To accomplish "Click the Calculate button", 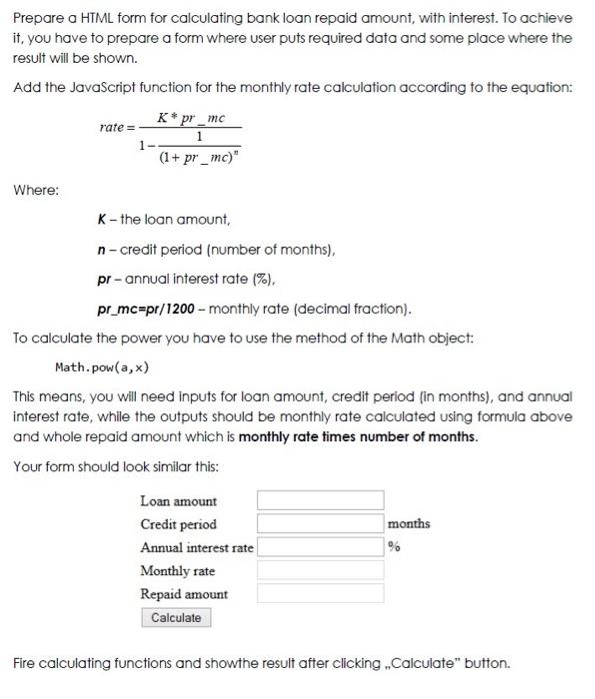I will click(x=176, y=618).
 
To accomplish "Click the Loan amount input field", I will click(x=320, y=500).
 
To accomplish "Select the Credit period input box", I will click(x=320, y=523).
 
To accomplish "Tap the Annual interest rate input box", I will click(x=320, y=546).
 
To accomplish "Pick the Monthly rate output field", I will click(x=320, y=570).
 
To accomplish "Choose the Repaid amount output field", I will click(x=320, y=593).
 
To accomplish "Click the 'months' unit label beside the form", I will click(x=408, y=523).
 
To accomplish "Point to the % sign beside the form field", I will click(x=394, y=546).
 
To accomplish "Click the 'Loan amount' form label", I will click(x=178, y=501).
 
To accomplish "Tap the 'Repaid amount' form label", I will click(x=183, y=594).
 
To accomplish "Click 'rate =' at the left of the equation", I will click(x=116, y=128).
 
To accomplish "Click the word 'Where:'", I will click(x=36, y=189).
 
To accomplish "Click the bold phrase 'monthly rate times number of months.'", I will click(x=358, y=437).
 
